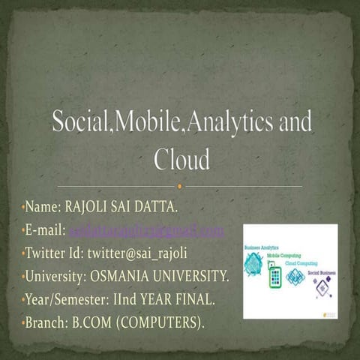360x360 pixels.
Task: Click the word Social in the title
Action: (x=79, y=123)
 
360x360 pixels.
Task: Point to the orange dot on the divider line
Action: (x=181, y=185)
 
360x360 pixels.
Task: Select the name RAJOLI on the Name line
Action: (x=92, y=207)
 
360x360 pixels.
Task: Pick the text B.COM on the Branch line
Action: (x=94, y=323)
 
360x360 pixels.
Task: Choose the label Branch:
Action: (x=46, y=323)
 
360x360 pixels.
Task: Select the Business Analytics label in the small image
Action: (x=260, y=247)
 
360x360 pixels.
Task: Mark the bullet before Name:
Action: (x=23, y=207)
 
